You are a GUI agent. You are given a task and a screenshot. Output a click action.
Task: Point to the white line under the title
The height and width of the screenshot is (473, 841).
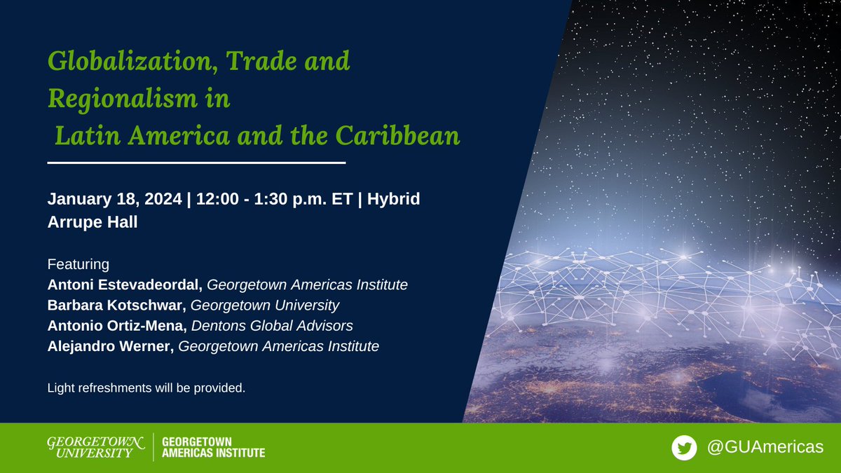coord(197,163)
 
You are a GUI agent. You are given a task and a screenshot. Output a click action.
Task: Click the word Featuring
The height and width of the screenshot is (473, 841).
coord(78,265)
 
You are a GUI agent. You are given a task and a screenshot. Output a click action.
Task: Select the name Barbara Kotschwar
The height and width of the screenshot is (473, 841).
coord(116,306)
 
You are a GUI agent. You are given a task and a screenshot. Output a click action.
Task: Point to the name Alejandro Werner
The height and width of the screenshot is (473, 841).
coord(110,346)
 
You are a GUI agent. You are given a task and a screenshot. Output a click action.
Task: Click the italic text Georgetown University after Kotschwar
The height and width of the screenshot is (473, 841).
coord(265,306)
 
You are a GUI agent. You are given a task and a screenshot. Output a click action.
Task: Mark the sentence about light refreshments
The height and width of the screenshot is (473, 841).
coord(146,388)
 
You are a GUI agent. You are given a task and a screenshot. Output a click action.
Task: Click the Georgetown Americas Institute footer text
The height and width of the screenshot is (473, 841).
coord(213,448)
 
